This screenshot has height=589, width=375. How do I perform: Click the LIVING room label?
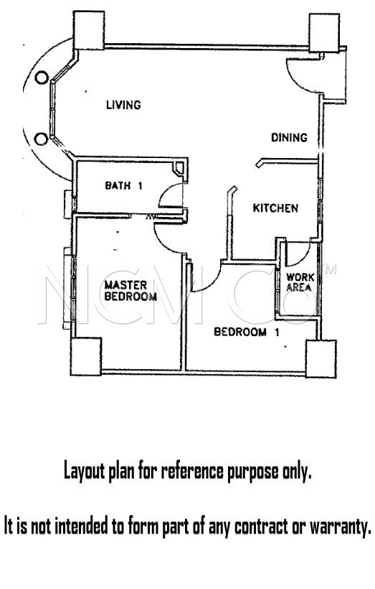click(x=123, y=104)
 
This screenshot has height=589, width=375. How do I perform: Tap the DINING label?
click(x=289, y=137)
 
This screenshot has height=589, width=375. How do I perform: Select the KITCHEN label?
click(x=275, y=208)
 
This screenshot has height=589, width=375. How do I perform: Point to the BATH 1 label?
click(x=123, y=185)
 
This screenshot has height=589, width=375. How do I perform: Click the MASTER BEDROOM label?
click(x=130, y=291)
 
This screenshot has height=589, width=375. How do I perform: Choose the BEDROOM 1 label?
click(x=247, y=332)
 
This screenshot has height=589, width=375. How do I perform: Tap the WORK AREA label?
click(x=300, y=282)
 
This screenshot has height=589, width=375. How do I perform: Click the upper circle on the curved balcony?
click(x=42, y=78)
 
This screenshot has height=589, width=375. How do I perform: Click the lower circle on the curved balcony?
click(x=41, y=139)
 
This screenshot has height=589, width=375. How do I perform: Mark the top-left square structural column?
click(x=88, y=30)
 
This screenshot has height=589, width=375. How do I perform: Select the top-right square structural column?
click(x=324, y=32)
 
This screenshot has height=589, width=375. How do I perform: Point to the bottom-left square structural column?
click(x=86, y=356)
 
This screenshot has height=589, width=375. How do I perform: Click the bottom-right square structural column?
click(x=321, y=358)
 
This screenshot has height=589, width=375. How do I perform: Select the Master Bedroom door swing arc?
click(x=162, y=244)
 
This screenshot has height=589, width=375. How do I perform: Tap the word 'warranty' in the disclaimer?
click(x=340, y=527)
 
